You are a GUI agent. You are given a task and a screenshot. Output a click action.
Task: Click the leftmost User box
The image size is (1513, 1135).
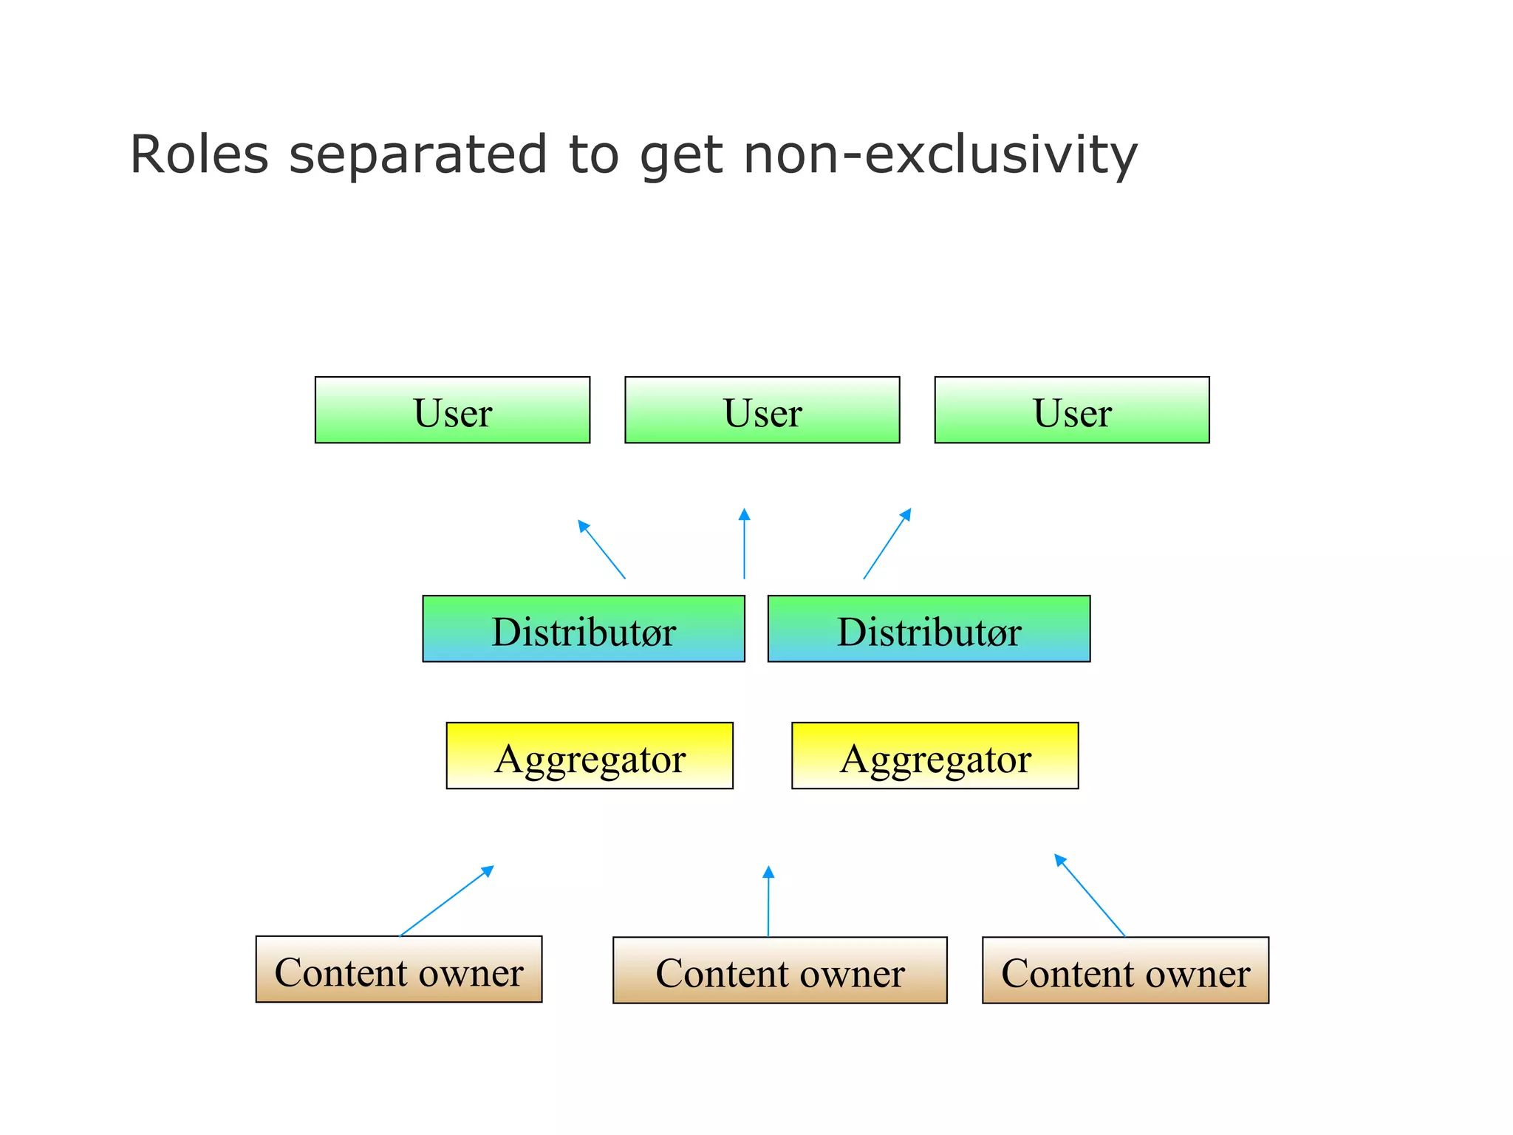click(x=452, y=410)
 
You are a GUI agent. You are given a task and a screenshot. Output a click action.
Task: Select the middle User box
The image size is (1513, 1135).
click(x=762, y=410)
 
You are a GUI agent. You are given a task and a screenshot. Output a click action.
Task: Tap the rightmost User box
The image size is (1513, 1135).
click(x=1071, y=410)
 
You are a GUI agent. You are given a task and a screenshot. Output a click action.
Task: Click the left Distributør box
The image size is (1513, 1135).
click(x=583, y=629)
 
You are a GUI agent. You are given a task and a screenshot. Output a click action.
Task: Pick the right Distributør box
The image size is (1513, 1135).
click(x=929, y=629)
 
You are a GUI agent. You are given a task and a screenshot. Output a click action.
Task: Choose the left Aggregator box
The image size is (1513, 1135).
click(x=590, y=756)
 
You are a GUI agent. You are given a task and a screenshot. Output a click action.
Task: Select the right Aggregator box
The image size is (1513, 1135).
click(x=935, y=756)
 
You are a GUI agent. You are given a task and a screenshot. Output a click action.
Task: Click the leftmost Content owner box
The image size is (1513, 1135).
click(x=399, y=969)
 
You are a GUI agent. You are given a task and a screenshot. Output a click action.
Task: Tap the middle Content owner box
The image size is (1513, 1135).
click(x=779, y=970)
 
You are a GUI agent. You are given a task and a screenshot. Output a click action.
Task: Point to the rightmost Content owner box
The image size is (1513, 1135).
click(x=1125, y=970)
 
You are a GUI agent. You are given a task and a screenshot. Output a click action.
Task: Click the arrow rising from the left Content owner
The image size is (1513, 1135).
click(x=446, y=901)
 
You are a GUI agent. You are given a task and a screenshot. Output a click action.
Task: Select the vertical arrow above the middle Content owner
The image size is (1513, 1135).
click(x=768, y=901)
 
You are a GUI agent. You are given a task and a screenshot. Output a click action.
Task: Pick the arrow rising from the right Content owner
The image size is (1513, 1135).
click(x=1090, y=896)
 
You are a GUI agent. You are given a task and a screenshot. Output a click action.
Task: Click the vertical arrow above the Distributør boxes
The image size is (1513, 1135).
click(x=744, y=544)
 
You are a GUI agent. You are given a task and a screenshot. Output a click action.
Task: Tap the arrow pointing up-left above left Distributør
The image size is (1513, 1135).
click(x=601, y=549)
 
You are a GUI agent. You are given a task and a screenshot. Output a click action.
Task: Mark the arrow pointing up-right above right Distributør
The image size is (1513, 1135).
click(x=887, y=544)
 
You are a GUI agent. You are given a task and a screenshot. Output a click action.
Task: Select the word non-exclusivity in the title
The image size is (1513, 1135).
click(x=940, y=155)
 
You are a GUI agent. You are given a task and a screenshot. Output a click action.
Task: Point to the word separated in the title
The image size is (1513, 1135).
click(x=418, y=155)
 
